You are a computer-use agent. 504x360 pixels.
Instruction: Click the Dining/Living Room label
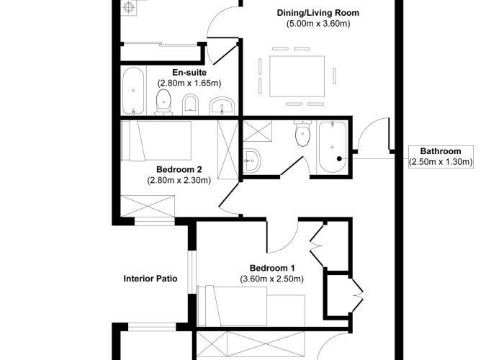click(x=318, y=13)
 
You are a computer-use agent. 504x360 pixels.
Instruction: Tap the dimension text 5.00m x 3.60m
click(x=318, y=24)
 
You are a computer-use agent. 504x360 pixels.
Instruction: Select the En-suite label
click(x=189, y=72)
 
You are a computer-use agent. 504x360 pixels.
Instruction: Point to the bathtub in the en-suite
click(x=133, y=91)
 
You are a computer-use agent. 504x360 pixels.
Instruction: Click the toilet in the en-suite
click(x=163, y=102)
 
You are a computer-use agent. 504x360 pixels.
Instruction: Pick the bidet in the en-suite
click(x=190, y=104)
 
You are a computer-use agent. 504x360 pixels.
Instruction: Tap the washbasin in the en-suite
click(x=222, y=106)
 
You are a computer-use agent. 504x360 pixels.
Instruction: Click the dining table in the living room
click(x=297, y=76)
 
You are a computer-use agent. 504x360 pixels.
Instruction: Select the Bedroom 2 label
click(x=179, y=169)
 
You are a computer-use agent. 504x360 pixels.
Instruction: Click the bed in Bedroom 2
click(x=157, y=141)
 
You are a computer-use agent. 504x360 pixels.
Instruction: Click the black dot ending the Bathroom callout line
click(x=339, y=158)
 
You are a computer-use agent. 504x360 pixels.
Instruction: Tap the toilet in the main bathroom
click(x=302, y=133)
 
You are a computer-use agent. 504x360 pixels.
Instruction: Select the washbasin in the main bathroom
click(x=252, y=160)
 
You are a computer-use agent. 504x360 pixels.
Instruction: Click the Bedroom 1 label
click(x=272, y=268)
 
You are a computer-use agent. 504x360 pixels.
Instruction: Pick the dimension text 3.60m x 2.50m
click(x=272, y=279)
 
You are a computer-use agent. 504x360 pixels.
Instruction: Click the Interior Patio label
click(x=150, y=279)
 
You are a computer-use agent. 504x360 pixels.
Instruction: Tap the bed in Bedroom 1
click(x=251, y=306)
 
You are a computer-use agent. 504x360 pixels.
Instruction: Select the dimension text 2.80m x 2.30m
click(x=179, y=180)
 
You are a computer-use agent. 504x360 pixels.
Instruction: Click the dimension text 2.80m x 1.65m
click(x=189, y=83)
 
